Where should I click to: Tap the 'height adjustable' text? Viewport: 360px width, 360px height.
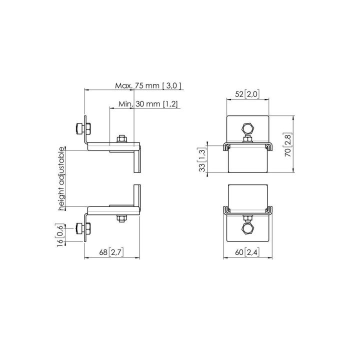(61, 178)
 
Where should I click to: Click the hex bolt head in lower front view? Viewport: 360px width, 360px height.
(247, 228)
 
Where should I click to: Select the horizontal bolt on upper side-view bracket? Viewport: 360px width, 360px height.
(83, 129)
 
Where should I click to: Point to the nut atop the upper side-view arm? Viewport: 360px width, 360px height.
(121, 138)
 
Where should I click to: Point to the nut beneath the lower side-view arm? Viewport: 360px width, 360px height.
(121, 218)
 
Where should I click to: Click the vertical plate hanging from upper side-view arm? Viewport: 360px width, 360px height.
(137, 160)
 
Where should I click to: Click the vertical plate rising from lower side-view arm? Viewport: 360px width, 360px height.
(137, 196)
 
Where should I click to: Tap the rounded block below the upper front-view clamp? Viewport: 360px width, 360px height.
(247, 160)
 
